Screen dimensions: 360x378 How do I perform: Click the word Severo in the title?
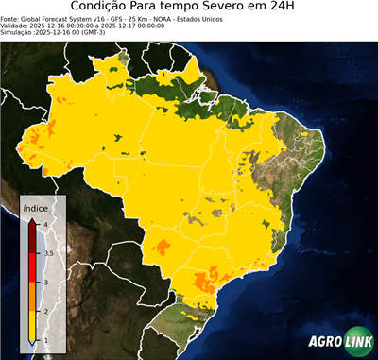(x=221, y=8)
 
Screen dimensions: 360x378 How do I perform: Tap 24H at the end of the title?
(x=294, y=8)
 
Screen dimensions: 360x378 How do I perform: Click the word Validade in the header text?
(x=16, y=25)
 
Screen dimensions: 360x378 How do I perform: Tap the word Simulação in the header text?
(x=17, y=32)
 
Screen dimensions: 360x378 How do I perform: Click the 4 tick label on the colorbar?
(x=44, y=224)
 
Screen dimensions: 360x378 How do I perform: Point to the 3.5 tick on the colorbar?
(x=46, y=252)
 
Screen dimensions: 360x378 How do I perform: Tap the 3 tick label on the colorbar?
(x=44, y=282)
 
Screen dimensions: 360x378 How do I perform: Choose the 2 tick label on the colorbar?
(x=44, y=311)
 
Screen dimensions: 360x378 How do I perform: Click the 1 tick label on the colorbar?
(x=44, y=340)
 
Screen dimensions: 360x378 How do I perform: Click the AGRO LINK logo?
(x=336, y=341)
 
